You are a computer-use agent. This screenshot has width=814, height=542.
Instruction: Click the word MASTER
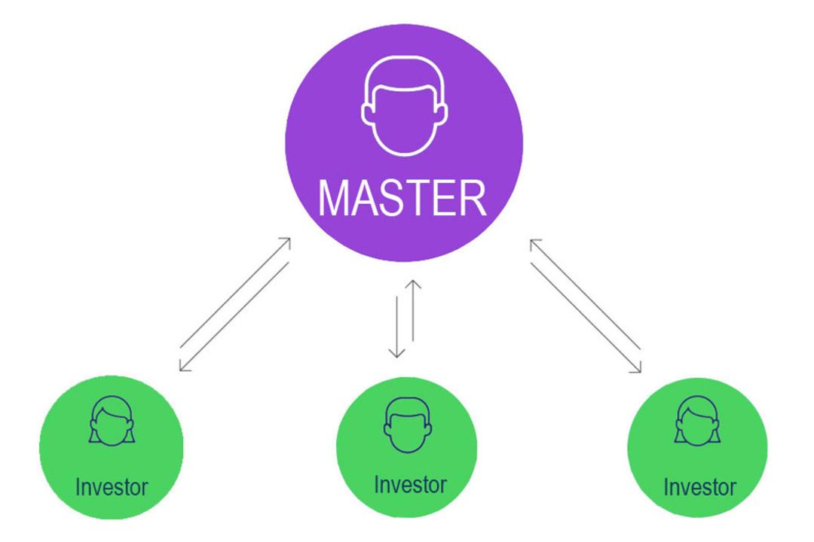(x=402, y=198)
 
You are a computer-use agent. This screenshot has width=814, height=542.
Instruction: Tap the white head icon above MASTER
(x=405, y=106)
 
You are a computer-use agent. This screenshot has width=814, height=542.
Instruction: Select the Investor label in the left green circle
(x=112, y=488)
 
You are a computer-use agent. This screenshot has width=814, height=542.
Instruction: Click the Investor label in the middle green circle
(x=410, y=485)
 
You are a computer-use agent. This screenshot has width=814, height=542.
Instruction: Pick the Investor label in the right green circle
(x=699, y=488)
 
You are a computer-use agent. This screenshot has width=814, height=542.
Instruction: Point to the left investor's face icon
(x=112, y=421)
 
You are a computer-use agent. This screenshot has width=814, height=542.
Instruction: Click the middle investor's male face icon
(x=408, y=425)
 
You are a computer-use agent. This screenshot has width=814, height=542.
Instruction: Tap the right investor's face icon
(x=698, y=421)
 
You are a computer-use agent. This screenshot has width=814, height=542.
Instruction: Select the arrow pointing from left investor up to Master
(x=235, y=293)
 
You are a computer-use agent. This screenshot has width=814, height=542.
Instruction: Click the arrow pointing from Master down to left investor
(x=234, y=317)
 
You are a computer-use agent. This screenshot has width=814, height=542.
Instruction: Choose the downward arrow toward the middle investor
(x=396, y=327)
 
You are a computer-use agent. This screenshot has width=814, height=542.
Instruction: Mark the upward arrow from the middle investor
(x=413, y=310)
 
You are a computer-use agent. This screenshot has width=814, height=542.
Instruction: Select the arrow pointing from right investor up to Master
(x=585, y=294)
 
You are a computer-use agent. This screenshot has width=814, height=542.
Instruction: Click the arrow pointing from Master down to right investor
(x=586, y=318)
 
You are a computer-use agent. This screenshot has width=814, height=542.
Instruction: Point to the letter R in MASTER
(x=474, y=198)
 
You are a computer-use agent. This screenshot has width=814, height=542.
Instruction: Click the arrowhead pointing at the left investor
(x=184, y=366)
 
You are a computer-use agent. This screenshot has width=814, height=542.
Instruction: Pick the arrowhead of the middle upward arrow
(x=413, y=285)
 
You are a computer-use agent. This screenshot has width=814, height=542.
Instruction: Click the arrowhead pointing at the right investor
(x=637, y=367)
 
